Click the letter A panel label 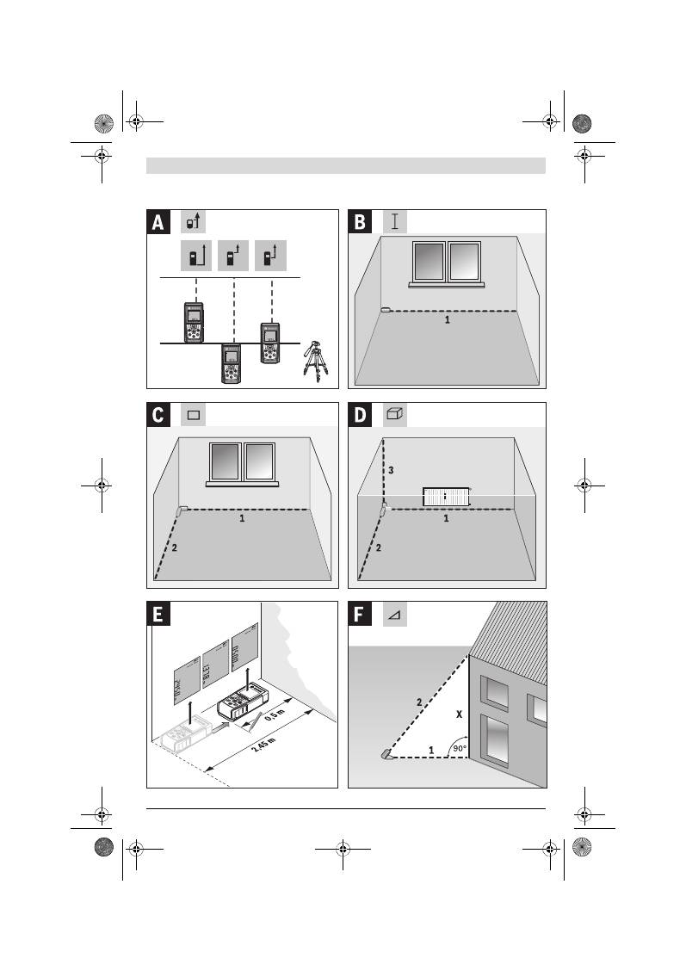point(158,223)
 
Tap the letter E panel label point(158,614)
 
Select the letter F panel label point(360,614)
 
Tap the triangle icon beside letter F point(394,615)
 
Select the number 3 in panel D point(391,471)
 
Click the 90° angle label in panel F point(460,749)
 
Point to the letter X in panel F point(458,714)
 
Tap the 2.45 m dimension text point(263,745)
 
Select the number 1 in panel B point(447,319)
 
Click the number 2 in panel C point(174,547)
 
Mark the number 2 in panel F point(419,702)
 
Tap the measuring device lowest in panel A point(230,363)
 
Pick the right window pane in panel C point(260,462)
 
